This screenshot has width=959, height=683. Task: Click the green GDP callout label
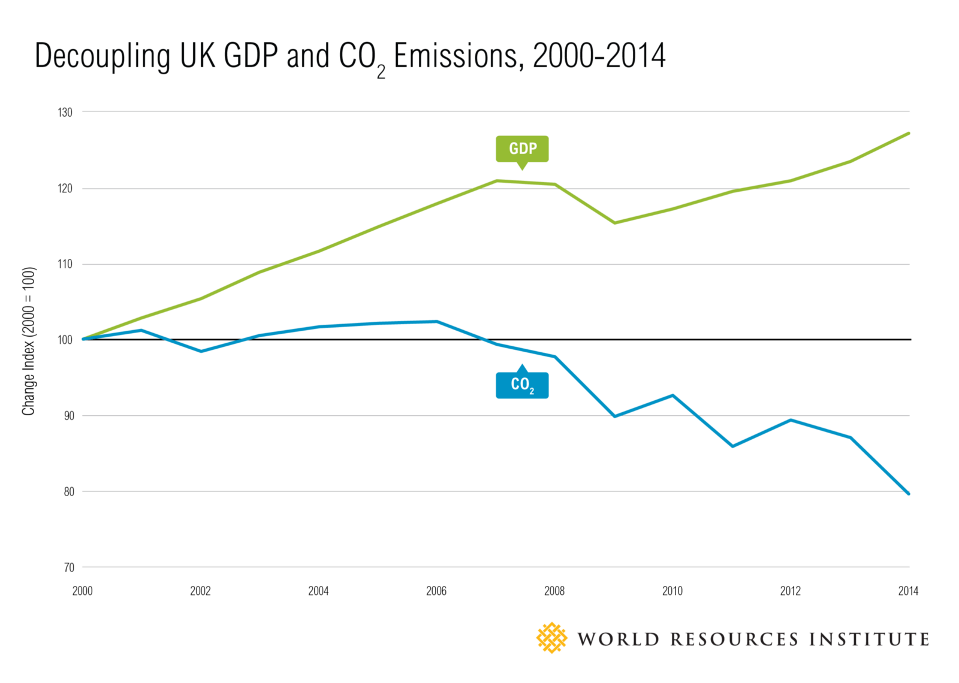[x=522, y=149]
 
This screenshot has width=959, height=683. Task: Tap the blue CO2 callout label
[x=522, y=385]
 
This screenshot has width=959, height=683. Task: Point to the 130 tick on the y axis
[x=65, y=112]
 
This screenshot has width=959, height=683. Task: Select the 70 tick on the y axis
[x=68, y=567]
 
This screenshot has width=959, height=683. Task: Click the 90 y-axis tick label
[x=68, y=416]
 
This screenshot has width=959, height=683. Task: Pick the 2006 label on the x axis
[x=436, y=591]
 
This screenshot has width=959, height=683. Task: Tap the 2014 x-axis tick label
[x=908, y=591]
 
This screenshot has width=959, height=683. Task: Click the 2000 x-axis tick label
[x=83, y=591]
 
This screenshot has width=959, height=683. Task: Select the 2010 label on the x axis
[x=672, y=591]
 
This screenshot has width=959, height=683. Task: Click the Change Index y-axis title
[x=29, y=341]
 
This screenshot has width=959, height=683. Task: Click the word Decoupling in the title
[x=102, y=56]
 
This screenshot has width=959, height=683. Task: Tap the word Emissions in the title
[x=456, y=56]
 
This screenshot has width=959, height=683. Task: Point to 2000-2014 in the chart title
[x=599, y=56]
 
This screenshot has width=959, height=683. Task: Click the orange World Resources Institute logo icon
[x=551, y=638]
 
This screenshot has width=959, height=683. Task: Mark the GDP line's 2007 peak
[x=497, y=180]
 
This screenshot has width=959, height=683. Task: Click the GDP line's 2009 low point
[x=614, y=223]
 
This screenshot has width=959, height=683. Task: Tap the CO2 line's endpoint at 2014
[x=909, y=494]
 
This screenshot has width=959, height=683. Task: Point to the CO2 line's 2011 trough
[x=732, y=446]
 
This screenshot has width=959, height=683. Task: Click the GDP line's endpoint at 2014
[x=909, y=133]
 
